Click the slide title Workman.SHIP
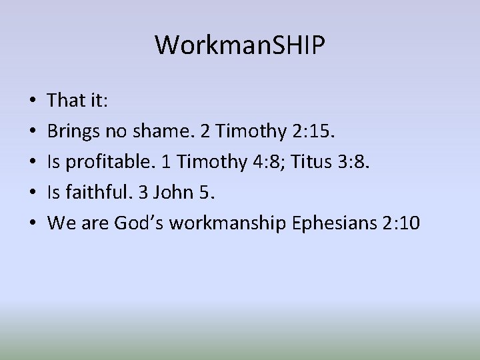coord(240,45)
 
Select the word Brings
coord(73,131)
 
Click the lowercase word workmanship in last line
coord(229,223)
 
